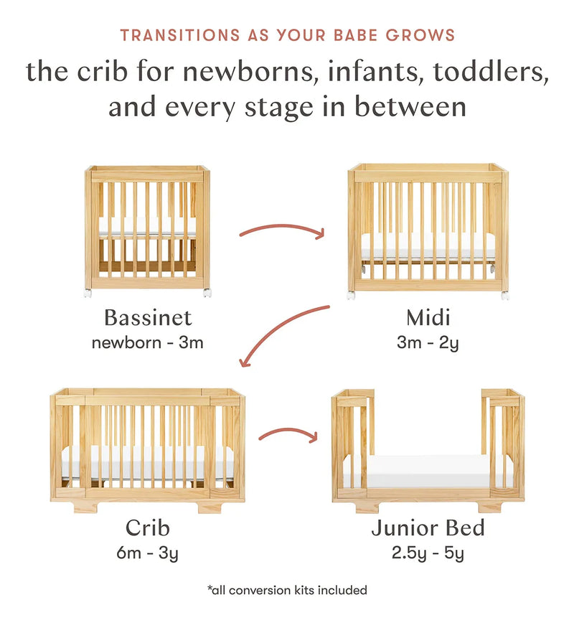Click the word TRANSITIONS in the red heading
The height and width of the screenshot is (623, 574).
(x=180, y=35)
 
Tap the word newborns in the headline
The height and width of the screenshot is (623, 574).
(x=250, y=72)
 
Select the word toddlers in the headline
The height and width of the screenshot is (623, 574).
(x=491, y=72)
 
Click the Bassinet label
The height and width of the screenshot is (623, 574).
(x=148, y=317)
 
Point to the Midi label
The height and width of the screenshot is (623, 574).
(x=428, y=317)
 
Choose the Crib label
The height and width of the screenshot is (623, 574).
(x=148, y=528)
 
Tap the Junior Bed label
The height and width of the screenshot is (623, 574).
(x=428, y=528)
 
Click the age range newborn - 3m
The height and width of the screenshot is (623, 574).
(x=147, y=342)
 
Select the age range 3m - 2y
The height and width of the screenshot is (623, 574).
(x=428, y=343)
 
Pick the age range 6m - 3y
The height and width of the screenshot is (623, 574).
(x=147, y=553)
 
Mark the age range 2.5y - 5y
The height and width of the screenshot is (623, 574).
(x=428, y=553)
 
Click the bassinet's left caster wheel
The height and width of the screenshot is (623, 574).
(x=88, y=294)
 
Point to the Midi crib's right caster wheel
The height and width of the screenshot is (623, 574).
(x=505, y=296)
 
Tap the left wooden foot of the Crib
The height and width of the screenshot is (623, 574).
(x=85, y=506)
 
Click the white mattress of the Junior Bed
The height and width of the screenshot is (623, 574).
(x=428, y=472)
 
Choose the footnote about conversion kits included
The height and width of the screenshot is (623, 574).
(x=287, y=591)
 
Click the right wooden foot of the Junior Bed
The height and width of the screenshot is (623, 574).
(x=491, y=506)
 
